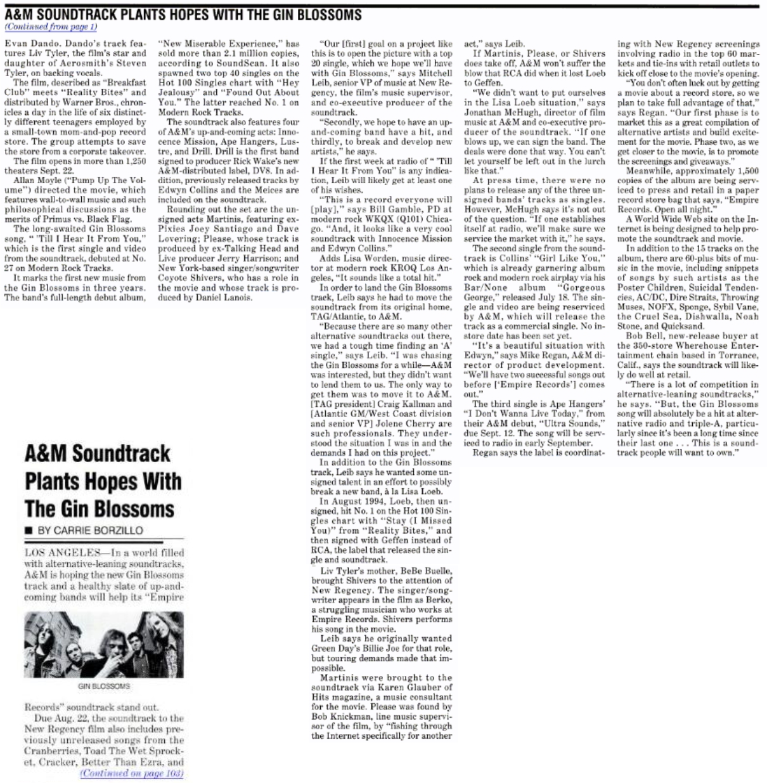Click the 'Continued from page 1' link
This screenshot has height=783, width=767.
51,27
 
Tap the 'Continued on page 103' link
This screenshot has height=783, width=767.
131,773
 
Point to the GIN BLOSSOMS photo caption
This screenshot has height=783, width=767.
104,686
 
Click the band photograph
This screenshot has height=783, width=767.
104,644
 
